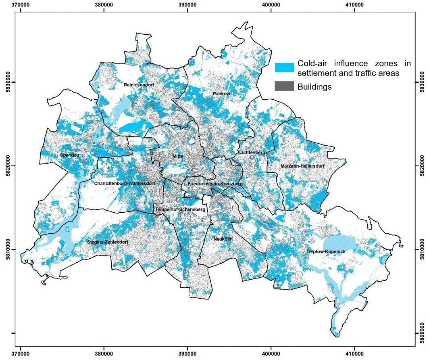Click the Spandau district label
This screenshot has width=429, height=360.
(x=68, y=155)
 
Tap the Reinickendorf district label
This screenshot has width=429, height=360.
(x=140, y=85)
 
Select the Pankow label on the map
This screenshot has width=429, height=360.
(x=221, y=94)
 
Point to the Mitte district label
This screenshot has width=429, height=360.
(x=177, y=156)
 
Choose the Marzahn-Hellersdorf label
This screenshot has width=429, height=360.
(x=302, y=166)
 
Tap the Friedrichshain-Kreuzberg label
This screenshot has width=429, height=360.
(x=215, y=184)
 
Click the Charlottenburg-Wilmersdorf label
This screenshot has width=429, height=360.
(x=124, y=183)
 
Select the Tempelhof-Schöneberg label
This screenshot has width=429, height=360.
(x=180, y=210)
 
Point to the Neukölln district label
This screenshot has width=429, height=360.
(x=223, y=239)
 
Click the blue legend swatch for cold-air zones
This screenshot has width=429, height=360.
(x=284, y=68)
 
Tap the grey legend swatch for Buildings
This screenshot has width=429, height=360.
(x=284, y=86)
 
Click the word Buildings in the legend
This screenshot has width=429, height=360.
(x=314, y=86)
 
